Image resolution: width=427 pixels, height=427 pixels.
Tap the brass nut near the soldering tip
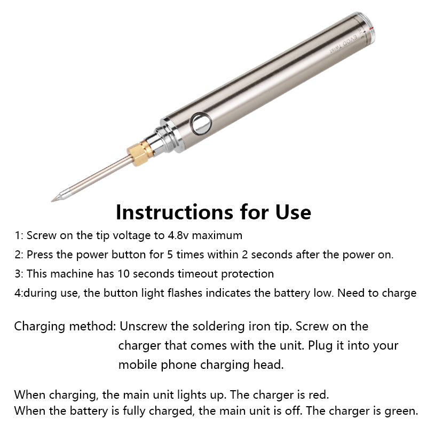coord(141,154)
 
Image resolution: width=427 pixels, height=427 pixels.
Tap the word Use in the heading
coord(291,212)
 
